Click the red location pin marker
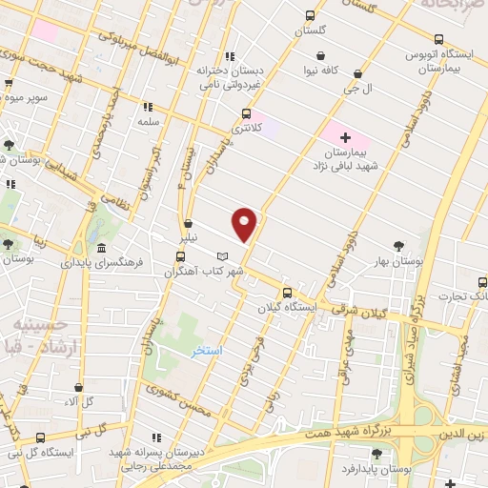click(x=246, y=225)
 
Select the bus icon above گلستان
click(x=310, y=15)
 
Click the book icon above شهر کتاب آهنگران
click(x=222, y=257)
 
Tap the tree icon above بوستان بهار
click(x=399, y=246)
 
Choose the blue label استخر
click(x=207, y=351)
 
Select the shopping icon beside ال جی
click(x=357, y=72)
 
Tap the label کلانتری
click(x=246, y=128)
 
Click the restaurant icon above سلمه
click(x=148, y=108)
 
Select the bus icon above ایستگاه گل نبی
click(x=40, y=437)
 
